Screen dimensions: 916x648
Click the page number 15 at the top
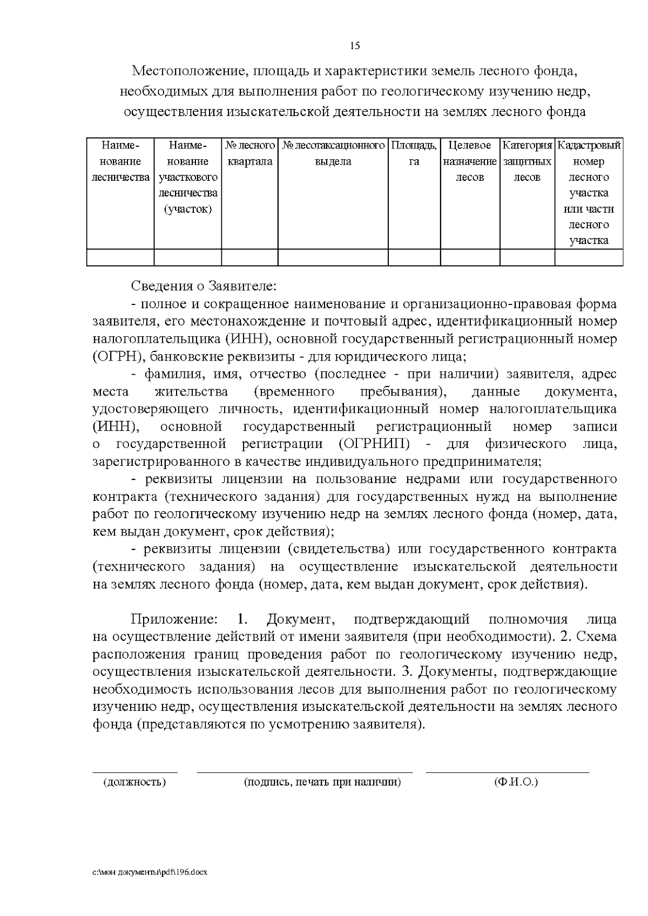(355, 45)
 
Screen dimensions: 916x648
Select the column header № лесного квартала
(249, 153)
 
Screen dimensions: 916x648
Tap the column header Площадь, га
(414, 153)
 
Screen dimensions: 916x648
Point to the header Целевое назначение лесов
(470, 161)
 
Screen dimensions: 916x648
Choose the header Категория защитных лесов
(527, 161)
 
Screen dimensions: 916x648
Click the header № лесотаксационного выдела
(333, 153)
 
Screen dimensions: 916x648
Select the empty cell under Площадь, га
(414, 257)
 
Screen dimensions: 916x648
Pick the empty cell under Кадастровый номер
(589, 257)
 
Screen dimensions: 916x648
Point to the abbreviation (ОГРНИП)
(374, 444)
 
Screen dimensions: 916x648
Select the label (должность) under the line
(134, 782)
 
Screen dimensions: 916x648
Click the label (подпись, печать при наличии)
(322, 782)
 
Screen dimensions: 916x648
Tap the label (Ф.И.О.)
(516, 782)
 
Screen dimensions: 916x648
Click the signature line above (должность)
(134, 772)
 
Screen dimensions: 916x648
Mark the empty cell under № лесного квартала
(249, 257)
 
